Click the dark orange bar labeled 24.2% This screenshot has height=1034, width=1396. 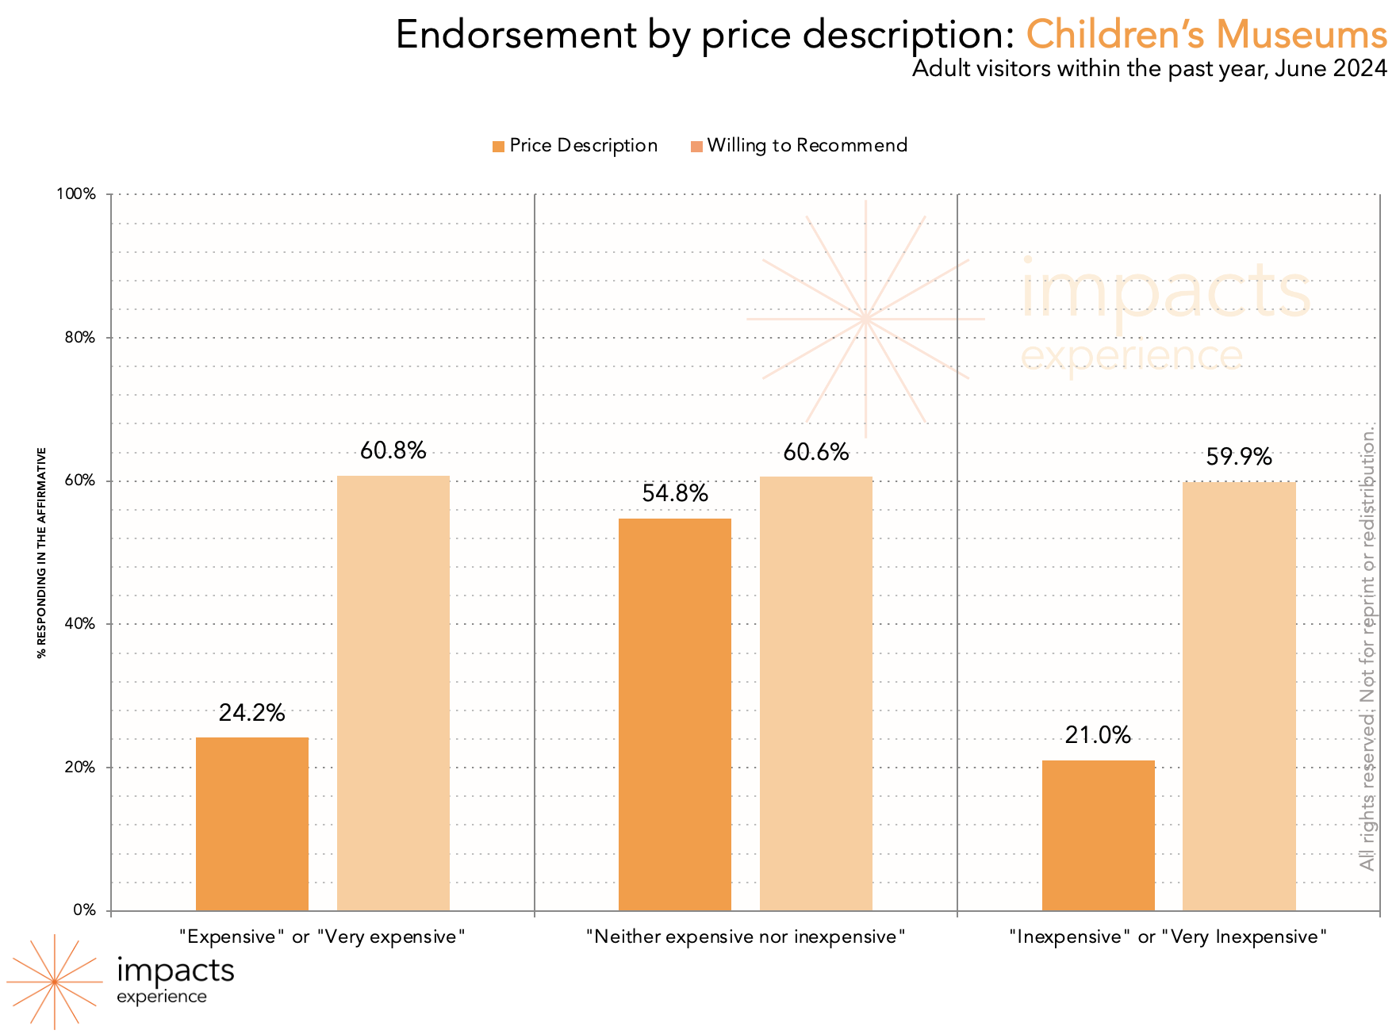252,824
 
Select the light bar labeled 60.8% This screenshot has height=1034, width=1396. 393,693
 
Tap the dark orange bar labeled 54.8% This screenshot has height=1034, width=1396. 675,714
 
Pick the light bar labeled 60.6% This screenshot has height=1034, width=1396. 816,694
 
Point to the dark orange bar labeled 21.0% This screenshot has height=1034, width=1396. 1099,836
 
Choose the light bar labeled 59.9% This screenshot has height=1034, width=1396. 1240,696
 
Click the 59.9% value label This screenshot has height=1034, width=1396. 1239,458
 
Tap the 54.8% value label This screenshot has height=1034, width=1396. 675,494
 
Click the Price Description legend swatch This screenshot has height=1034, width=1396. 499,147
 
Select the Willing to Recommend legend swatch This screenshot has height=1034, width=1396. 697,147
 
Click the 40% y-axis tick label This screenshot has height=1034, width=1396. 79,624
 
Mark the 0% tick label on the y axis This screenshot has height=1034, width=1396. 84,910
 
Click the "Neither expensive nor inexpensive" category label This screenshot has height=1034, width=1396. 746,937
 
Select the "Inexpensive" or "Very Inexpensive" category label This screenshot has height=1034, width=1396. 1168,937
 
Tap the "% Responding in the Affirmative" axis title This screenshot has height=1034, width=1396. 42,553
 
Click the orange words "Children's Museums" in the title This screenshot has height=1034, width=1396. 1206,35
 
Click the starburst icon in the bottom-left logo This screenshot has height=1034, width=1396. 55,982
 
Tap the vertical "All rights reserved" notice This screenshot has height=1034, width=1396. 1367,650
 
